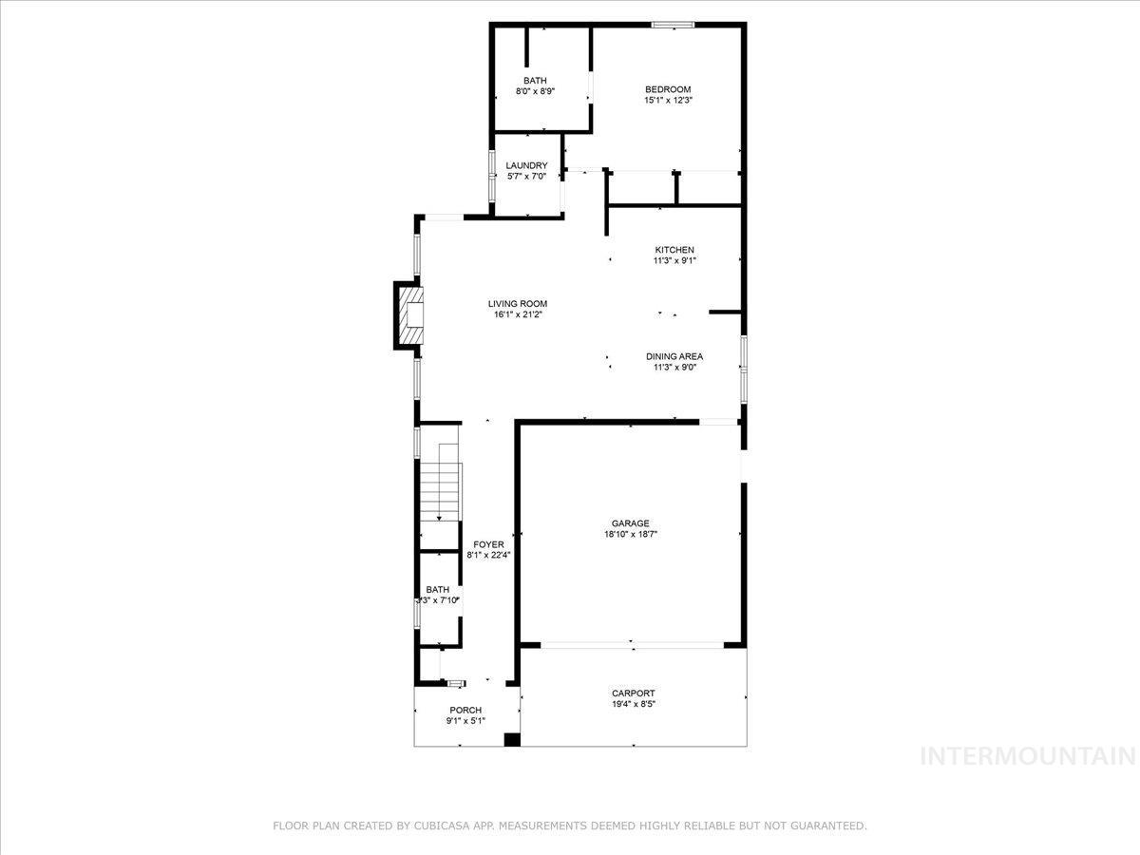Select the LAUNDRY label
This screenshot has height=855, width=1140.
click(526, 165)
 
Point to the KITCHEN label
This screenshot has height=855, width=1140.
click(674, 250)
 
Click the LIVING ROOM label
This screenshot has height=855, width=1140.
click(518, 304)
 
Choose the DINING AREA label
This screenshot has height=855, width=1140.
click(674, 357)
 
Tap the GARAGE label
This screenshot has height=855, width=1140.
click(630, 522)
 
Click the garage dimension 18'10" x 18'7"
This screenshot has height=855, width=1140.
click(630, 534)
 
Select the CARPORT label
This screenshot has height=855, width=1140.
click(633, 693)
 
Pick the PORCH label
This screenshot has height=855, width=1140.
click(465, 710)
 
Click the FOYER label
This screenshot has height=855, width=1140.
click(488, 544)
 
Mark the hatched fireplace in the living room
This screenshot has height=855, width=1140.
click(410, 314)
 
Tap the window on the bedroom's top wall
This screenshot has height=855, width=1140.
click(673, 25)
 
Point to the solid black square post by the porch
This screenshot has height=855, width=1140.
click(512, 739)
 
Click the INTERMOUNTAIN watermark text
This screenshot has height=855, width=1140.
click(1029, 756)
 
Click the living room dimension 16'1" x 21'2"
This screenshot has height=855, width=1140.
click(518, 315)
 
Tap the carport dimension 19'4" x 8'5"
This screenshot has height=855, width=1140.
click(633, 705)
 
